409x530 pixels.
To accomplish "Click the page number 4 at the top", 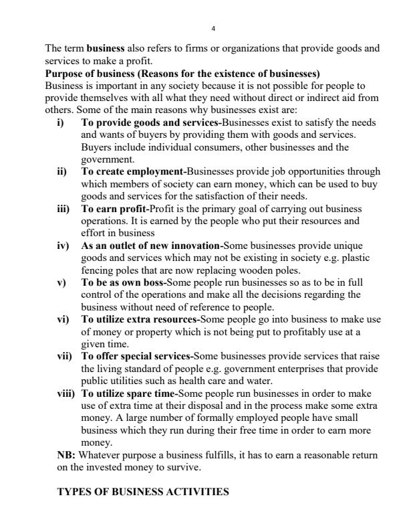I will [x=213, y=29].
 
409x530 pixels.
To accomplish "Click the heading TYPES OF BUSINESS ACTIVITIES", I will [x=143, y=492].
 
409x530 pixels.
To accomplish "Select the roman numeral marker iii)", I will [x=65, y=208].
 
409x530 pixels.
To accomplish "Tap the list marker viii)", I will [x=67, y=394].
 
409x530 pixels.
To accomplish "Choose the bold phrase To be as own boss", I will [x=123, y=282].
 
